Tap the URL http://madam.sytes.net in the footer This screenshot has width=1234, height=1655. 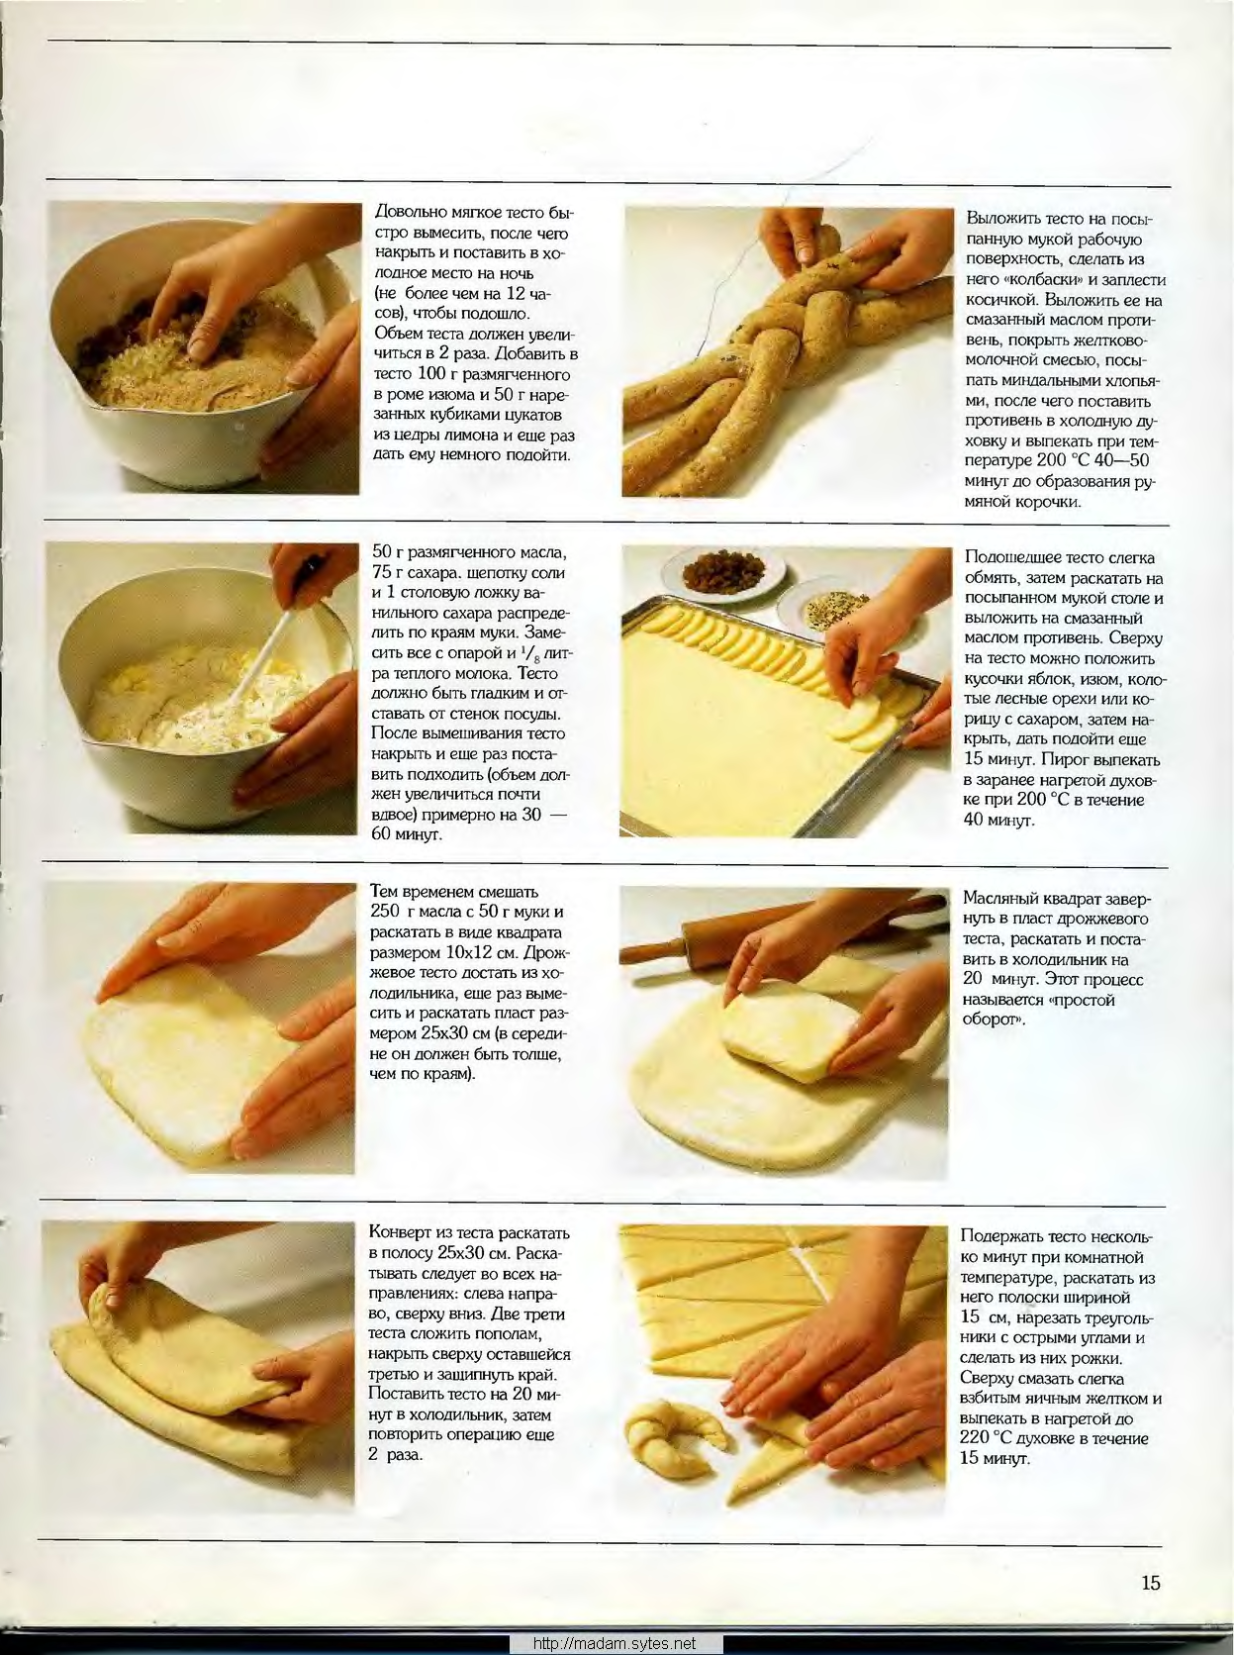click(x=615, y=1644)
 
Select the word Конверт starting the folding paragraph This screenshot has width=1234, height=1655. click(x=401, y=1233)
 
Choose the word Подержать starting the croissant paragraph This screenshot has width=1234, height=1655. click(x=999, y=1236)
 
